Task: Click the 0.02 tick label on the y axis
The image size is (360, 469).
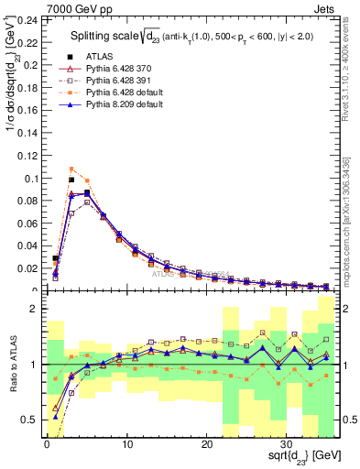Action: coord(29,268)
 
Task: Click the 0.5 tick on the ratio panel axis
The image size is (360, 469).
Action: coord(32,420)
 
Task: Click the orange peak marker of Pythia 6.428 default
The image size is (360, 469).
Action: coord(71,169)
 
